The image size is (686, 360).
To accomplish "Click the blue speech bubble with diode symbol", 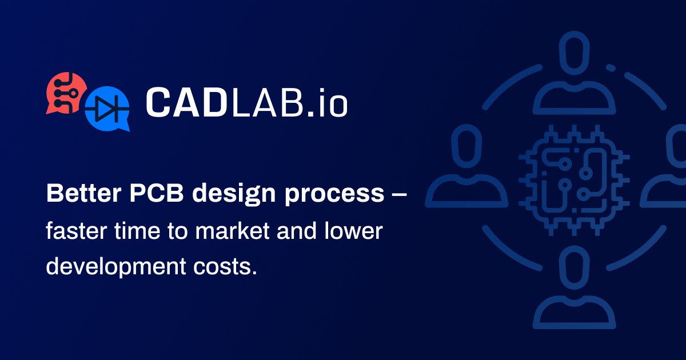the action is (107, 109).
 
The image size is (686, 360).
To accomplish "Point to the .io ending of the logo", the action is (327, 102).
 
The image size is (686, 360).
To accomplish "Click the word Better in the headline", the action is (83, 193).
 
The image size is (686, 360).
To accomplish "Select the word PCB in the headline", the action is (157, 193).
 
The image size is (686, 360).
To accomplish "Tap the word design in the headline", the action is (234, 195).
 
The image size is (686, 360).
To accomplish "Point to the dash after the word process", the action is (400, 194).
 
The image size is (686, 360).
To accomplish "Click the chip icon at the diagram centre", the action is (574, 180).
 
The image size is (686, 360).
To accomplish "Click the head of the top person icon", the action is (574, 53).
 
